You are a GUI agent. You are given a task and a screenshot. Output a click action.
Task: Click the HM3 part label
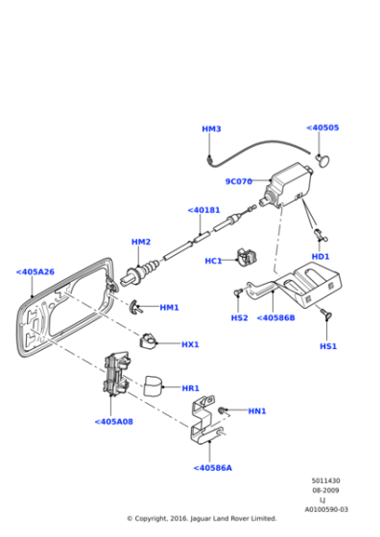tap(211, 128)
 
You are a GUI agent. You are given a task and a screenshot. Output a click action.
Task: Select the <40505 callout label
tap(322, 128)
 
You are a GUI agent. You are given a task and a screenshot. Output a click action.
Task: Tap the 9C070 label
tap(238, 181)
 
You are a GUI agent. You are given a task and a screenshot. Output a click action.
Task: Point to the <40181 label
tap(203, 210)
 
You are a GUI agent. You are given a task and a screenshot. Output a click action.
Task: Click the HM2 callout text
tap(141, 242)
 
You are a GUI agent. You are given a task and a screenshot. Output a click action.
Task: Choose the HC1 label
tap(213, 261)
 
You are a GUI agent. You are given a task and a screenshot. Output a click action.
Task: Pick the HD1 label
tap(321, 256)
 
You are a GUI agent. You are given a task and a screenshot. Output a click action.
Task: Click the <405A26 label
tap(36, 271)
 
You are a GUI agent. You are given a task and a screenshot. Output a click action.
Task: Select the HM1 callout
tap(169, 308)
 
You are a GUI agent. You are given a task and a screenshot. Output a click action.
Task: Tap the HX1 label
tap(190, 344)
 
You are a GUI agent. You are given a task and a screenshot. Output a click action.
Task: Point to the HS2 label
tap(240, 317)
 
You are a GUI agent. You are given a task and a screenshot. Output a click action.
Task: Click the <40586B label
tap(276, 317)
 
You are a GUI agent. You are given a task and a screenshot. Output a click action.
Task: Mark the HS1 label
tap(328, 345)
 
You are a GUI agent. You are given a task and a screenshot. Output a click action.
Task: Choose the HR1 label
tap(190, 388)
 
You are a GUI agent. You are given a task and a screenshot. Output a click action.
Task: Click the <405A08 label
tap(113, 421)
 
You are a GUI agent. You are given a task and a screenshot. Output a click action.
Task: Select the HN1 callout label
tap(257, 411)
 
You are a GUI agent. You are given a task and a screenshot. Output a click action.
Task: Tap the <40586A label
tap(212, 468)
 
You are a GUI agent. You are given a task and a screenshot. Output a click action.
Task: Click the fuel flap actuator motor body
tap(290, 184)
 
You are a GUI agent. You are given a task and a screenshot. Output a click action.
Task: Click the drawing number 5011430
tap(325, 481)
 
